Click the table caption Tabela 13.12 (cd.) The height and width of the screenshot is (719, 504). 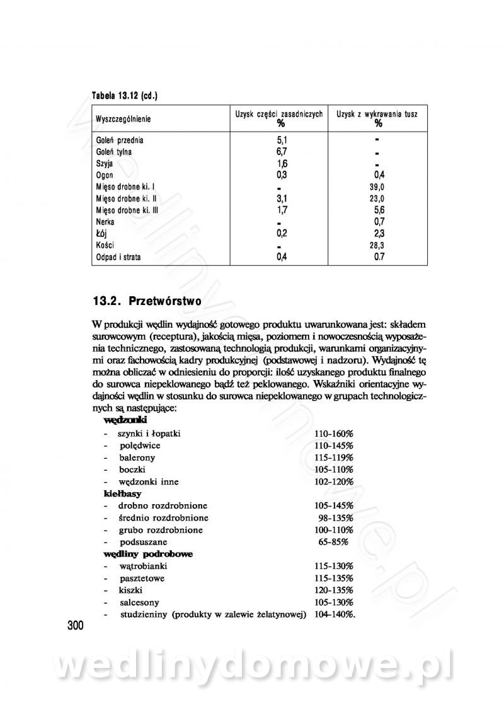124,96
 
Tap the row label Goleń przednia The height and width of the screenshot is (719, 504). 120,141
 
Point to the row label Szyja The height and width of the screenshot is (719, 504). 104,163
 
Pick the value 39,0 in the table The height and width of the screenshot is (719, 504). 377,187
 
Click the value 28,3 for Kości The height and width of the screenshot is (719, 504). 377,245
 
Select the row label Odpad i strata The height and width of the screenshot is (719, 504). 118,257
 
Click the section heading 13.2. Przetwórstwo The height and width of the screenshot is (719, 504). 147,301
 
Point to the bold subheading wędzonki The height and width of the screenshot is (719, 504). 125,419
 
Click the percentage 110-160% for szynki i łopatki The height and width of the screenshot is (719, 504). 334,434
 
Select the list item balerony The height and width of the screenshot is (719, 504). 137,457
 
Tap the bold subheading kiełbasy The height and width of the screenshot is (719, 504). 122,493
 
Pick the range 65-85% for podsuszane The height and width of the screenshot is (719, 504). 336,542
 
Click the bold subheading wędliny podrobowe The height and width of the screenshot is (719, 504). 148,554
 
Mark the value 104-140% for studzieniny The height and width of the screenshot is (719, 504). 335,614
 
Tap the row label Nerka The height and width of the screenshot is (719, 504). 105,222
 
